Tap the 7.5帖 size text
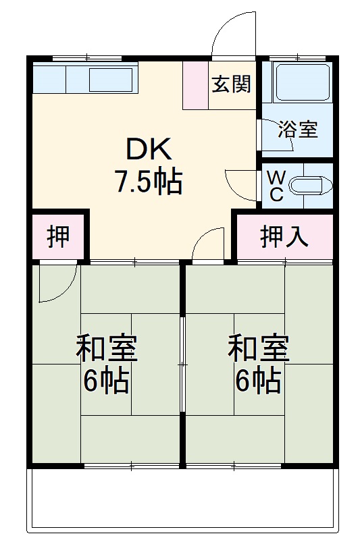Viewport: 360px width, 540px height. pos(149,182)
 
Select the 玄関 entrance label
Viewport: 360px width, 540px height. pos(232,84)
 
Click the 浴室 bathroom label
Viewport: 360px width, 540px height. pos(298,130)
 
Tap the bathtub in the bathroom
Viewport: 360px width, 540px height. pos(302,84)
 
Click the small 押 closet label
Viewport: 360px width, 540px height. pos(57,238)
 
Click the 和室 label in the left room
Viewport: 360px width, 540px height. pos(106,348)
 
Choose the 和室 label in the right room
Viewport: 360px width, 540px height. pos(258,348)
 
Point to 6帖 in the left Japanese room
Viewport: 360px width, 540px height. pos(106,382)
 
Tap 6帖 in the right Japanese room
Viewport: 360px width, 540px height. pos(258,382)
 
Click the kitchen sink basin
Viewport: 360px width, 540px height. pos(111,80)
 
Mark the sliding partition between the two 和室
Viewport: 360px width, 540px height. pos(182,364)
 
